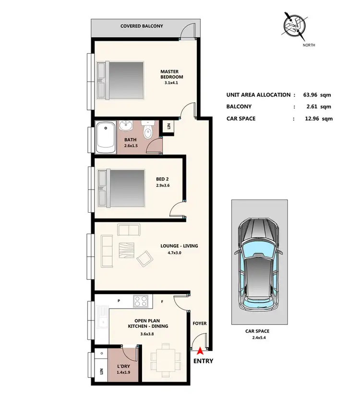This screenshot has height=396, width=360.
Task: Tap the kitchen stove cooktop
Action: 140,301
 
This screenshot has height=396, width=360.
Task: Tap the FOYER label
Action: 200,324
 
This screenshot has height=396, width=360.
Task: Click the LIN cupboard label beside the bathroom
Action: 169,127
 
